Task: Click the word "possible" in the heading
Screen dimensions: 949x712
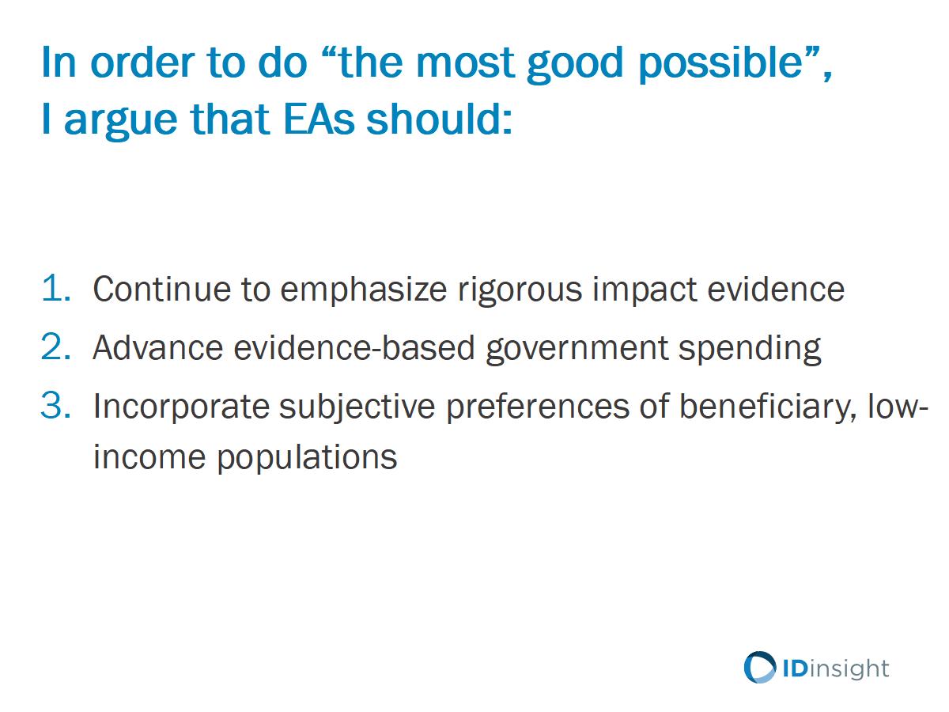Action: point(720,64)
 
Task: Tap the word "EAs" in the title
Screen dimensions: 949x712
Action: point(319,119)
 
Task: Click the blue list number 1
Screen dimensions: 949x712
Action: point(56,287)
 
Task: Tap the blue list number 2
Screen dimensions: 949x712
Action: point(56,347)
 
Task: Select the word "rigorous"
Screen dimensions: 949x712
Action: point(520,291)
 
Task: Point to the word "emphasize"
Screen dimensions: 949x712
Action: point(364,290)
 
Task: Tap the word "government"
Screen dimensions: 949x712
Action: point(577,350)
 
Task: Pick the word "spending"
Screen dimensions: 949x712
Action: point(749,350)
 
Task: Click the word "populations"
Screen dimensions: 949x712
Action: point(307,459)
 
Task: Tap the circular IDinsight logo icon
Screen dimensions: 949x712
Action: point(760,668)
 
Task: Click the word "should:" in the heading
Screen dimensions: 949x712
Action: point(439,119)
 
